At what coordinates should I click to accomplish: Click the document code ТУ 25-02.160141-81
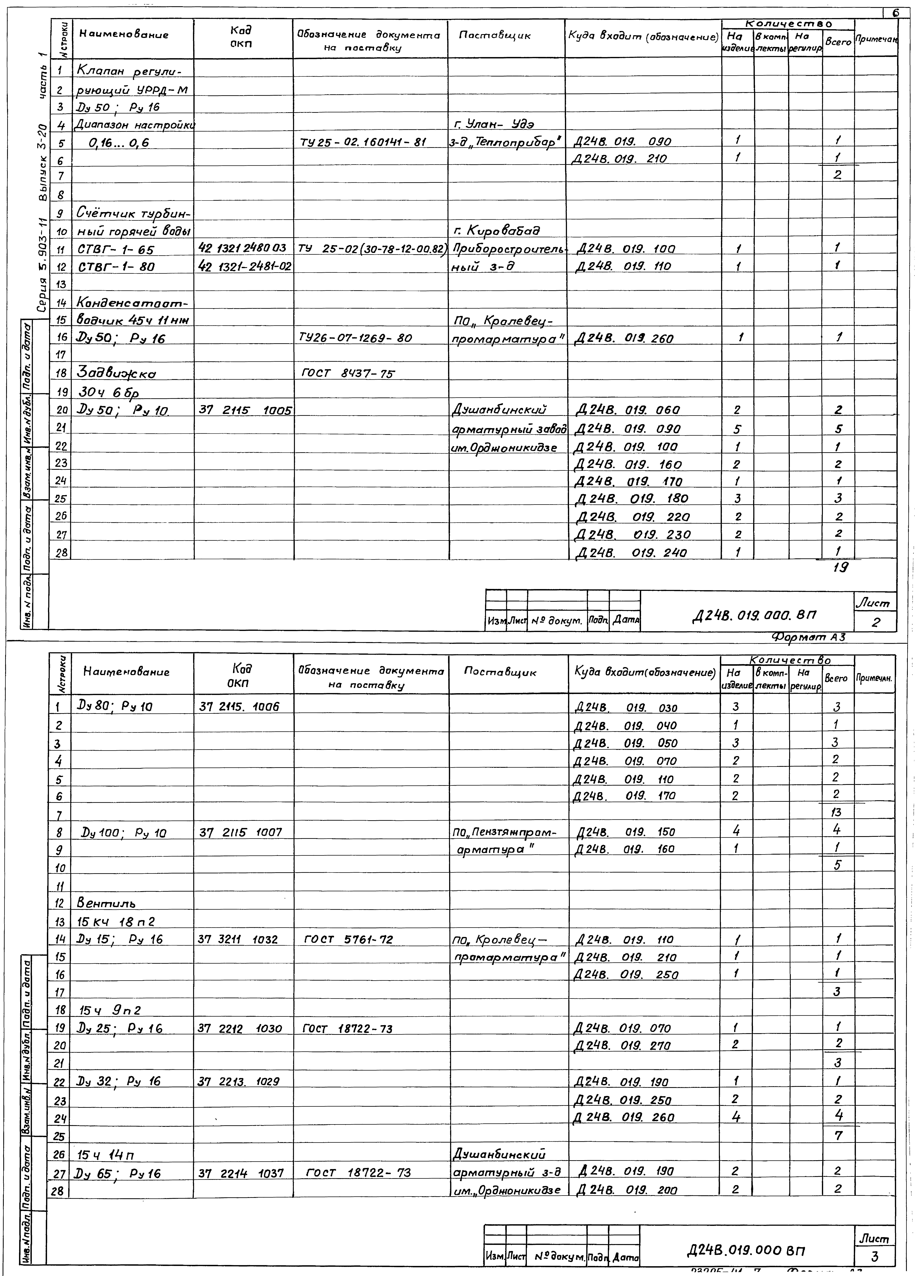click(363, 142)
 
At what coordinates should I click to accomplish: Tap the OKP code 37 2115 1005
click(245, 411)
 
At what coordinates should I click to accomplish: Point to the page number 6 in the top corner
click(896, 12)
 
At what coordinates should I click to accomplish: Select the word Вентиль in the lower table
click(106, 903)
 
